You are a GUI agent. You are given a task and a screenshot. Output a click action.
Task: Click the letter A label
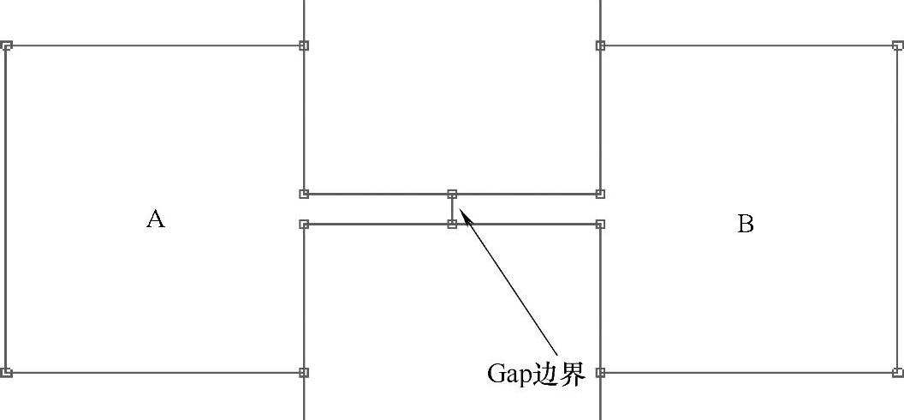155,219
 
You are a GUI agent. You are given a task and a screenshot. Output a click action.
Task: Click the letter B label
746,225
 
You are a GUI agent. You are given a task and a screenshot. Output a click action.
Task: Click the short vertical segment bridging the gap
452,209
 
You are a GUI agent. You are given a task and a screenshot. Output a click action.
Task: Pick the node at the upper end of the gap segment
452,195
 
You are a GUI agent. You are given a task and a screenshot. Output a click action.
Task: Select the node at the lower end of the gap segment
452,224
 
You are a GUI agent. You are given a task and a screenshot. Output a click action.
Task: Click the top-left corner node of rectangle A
6,45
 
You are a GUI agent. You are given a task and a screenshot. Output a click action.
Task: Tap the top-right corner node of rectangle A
304,45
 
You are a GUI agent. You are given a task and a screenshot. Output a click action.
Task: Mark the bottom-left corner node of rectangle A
6,373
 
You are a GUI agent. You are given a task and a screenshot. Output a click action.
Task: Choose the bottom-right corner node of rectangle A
304,373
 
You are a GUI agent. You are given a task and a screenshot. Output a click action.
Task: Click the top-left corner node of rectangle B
600,45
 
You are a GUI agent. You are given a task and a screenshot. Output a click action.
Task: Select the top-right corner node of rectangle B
897,45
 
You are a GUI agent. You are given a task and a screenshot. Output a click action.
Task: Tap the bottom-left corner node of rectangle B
600,373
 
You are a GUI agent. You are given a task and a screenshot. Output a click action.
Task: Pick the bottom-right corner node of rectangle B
897,373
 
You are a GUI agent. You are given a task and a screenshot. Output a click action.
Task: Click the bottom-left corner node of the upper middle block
304,195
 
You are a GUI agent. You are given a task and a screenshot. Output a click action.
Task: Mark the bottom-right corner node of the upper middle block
600,195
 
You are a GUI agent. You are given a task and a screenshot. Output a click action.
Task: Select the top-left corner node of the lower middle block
304,224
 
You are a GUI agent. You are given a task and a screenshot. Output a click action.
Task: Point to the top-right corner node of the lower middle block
600,224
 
